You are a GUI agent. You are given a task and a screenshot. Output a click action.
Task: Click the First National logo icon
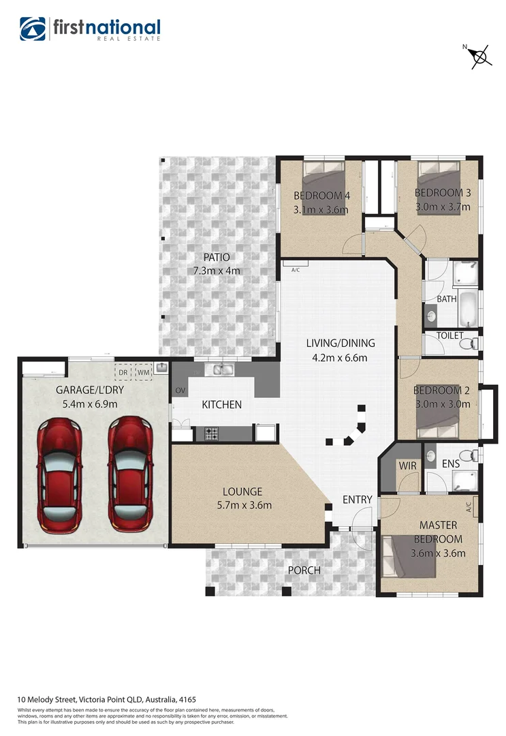tap(33, 29)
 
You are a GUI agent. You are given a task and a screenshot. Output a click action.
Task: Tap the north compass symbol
tap(479, 57)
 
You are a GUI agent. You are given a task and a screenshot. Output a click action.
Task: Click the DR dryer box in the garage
tap(124, 372)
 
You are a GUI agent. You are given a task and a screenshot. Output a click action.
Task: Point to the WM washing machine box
tap(143, 372)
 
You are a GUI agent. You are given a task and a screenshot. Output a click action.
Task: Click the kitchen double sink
tap(222, 370)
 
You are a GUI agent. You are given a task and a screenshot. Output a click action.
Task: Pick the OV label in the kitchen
tap(180, 390)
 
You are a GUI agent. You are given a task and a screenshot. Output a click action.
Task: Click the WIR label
tap(407, 465)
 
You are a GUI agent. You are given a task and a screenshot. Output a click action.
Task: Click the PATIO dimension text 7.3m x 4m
tap(217, 271)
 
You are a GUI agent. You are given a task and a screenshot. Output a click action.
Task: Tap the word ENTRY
tap(358, 500)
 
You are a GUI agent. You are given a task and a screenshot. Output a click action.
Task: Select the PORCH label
tap(304, 570)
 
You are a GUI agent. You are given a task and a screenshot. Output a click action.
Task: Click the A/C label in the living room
tap(296, 270)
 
